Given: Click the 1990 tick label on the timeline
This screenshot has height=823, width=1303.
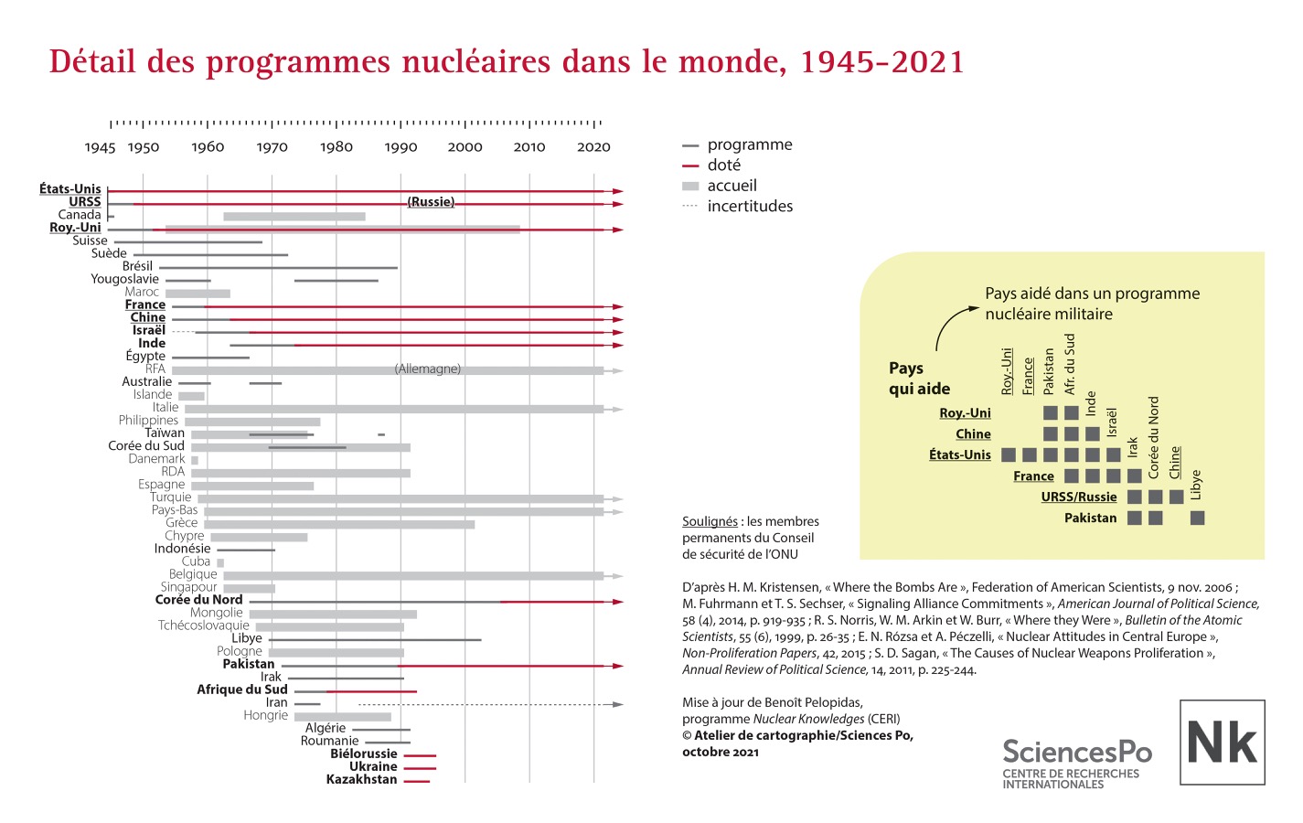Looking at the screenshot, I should point(401,147).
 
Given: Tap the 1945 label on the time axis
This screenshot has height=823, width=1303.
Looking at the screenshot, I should point(100,147).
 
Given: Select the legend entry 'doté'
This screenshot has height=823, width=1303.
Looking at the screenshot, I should point(723,166).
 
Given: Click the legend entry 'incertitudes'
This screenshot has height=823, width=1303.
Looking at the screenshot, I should point(749,207).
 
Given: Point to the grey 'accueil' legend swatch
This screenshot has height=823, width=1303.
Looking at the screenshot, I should point(690,186).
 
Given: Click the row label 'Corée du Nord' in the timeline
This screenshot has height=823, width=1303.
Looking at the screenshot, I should point(198,600).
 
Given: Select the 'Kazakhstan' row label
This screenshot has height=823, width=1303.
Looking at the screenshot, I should point(361,779).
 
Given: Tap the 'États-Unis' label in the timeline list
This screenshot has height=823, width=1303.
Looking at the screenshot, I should point(70,189).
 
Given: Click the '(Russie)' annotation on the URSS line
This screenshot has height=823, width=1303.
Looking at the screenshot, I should point(431,202).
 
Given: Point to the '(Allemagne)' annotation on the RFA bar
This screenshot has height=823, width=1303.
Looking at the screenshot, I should point(427,369).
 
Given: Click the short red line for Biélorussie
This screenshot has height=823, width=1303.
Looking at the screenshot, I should point(420,755).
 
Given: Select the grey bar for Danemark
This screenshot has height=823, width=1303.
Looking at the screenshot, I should point(195,460).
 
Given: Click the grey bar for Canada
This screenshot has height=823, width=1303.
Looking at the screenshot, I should point(294,217).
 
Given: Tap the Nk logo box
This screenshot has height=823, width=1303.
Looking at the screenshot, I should point(1222,742).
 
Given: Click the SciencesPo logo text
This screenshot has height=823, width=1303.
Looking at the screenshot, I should point(1076,752).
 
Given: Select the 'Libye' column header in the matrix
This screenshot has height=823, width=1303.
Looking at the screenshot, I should point(1197,485).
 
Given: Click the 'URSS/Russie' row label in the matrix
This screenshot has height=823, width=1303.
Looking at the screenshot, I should point(1078,497).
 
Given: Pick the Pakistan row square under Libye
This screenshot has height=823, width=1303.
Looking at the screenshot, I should point(1197,518).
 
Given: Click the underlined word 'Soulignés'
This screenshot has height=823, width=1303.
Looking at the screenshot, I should point(710,521).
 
